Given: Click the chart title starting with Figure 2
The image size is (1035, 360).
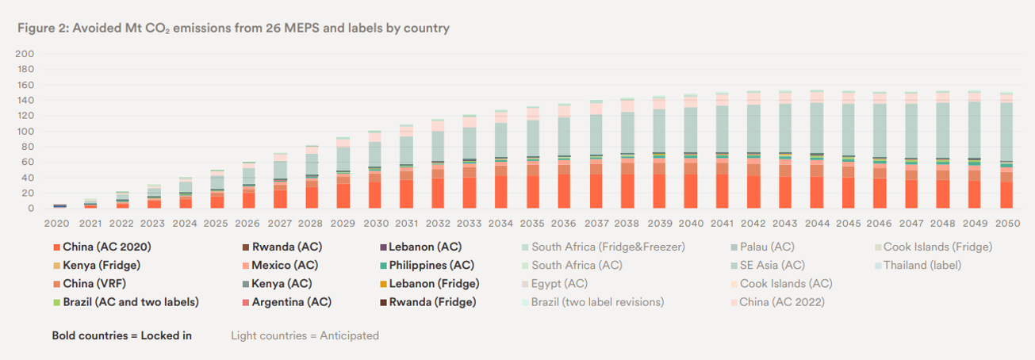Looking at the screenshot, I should tap(233, 29).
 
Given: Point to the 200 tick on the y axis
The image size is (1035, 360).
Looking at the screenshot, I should tap(25, 54).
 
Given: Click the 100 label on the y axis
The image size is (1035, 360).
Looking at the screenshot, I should tap(25, 132).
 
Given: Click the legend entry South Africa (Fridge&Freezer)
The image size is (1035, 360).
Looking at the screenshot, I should tap(608, 247).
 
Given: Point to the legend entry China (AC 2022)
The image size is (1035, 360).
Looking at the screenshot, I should tap(781, 302).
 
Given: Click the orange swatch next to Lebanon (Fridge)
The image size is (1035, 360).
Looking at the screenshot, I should tap(385, 284).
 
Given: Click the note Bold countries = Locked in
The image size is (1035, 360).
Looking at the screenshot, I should tap(121, 335).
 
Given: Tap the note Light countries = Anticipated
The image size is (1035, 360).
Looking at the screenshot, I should tap(305, 335).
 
